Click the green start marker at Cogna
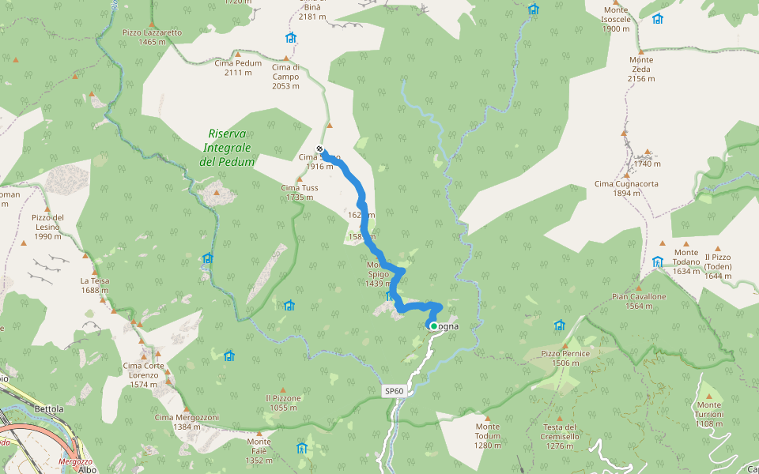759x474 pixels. [x=433, y=325]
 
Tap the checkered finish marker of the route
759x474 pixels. [x=319, y=149]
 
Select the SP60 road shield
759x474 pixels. [x=395, y=391]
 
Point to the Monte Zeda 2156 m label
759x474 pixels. [x=640, y=69]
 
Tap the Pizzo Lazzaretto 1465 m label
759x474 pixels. [x=152, y=37]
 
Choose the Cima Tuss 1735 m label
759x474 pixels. [x=300, y=192]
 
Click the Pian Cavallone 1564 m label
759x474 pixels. [x=639, y=301]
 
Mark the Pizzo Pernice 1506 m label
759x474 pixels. [x=565, y=358]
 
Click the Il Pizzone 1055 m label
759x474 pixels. [x=283, y=402]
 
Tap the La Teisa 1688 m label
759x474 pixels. [x=95, y=285]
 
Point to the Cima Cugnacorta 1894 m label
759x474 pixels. [x=626, y=188]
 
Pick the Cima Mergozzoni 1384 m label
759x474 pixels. [x=187, y=422]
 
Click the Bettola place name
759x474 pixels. [x=49, y=409]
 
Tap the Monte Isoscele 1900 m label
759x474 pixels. [x=616, y=24]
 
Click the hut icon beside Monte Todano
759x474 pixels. [x=657, y=261]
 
